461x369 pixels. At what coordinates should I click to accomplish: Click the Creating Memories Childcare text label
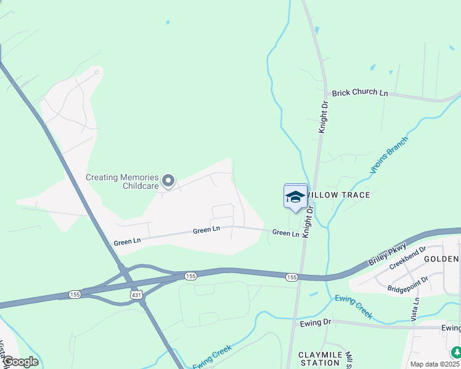point(122,181)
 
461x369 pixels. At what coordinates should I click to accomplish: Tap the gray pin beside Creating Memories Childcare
point(168,181)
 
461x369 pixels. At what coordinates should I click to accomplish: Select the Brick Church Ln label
point(360,93)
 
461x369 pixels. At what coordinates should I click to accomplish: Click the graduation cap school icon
point(295,197)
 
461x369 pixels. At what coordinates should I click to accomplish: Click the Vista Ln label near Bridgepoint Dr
point(417,309)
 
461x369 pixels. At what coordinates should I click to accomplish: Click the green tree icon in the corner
point(456,352)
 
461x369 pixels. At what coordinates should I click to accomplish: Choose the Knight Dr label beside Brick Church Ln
point(324,117)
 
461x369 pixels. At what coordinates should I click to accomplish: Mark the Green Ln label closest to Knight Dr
point(285,233)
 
